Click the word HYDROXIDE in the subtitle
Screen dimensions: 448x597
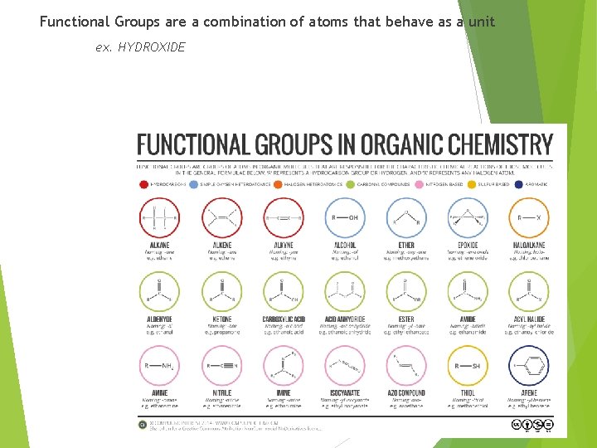click(152, 47)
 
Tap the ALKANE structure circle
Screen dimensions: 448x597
click(159, 218)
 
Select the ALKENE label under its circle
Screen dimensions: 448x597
click(221, 246)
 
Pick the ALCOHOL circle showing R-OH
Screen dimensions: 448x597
click(344, 218)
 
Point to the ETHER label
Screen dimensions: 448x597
click(406, 246)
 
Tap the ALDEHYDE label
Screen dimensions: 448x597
click(159, 319)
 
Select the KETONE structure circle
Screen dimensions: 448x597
click(221, 292)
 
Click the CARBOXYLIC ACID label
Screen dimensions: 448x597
click(283, 319)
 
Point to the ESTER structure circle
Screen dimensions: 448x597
click(406, 292)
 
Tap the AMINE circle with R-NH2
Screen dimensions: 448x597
click(159, 366)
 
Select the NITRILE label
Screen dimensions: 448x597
click(221, 393)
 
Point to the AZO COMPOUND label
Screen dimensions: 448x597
click(406, 393)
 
